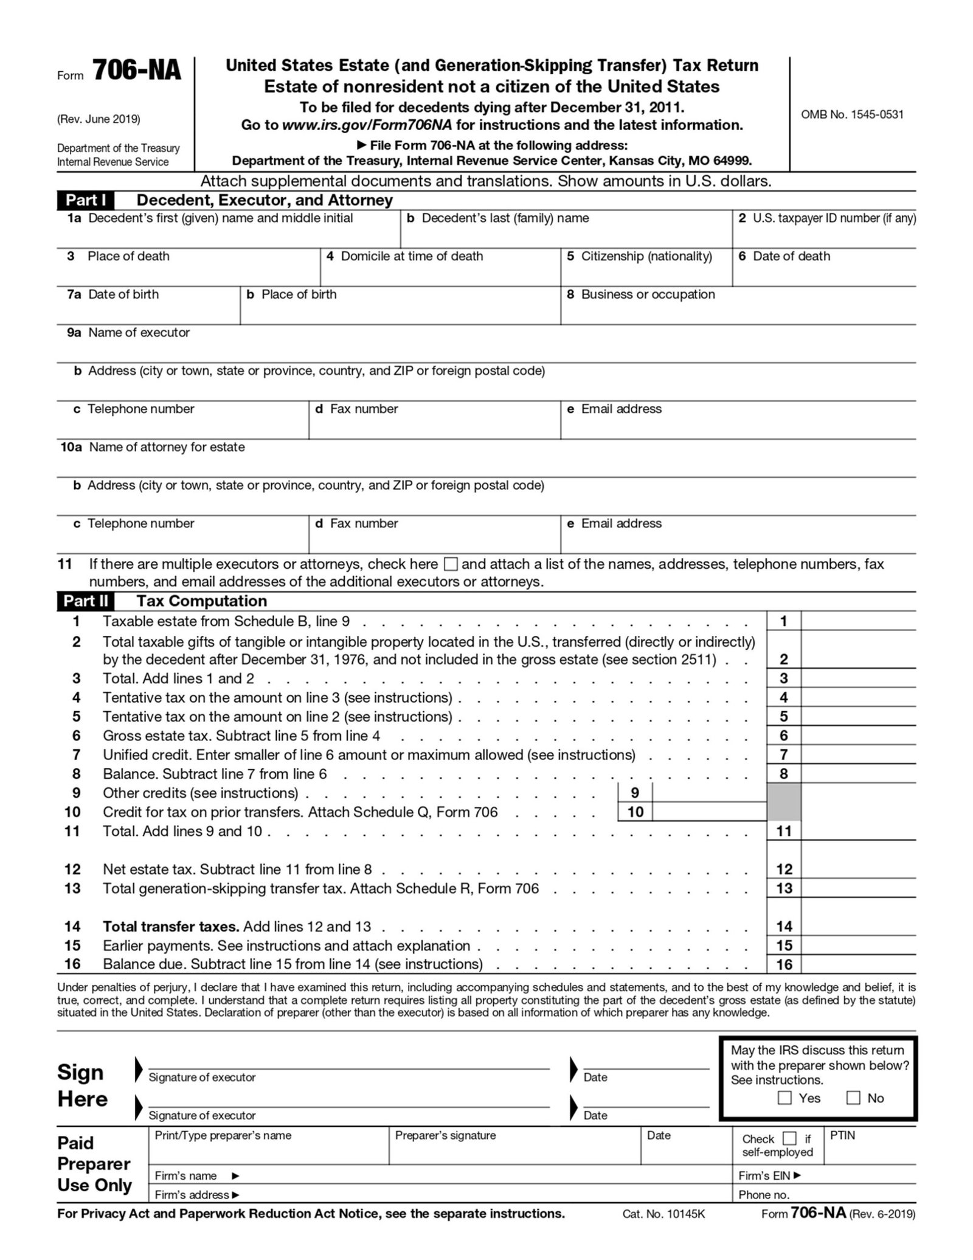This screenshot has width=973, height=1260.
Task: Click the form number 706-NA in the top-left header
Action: click(x=137, y=71)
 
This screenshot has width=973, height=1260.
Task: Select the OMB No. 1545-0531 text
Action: click(x=851, y=114)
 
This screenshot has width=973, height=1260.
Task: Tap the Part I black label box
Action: click(x=86, y=200)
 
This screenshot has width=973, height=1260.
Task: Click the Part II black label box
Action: click(x=86, y=601)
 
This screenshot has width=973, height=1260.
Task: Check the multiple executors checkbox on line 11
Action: click(x=450, y=564)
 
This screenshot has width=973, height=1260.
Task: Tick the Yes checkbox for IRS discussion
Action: click(x=784, y=1098)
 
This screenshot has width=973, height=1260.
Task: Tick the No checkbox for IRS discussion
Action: click(x=853, y=1098)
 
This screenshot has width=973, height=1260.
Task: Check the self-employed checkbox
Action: click(x=789, y=1138)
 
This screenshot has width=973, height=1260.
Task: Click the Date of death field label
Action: click(x=791, y=256)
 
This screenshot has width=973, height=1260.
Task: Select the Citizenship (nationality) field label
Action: click(x=646, y=256)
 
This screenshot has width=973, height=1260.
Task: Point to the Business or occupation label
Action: click(x=648, y=294)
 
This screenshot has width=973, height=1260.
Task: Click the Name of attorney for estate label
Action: click(x=167, y=447)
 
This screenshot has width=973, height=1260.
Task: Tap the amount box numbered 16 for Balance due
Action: click(x=858, y=964)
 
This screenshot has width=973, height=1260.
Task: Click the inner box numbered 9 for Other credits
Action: click(x=709, y=793)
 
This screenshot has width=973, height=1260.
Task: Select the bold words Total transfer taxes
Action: click(x=170, y=927)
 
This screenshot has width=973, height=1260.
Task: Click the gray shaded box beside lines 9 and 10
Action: click(x=784, y=802)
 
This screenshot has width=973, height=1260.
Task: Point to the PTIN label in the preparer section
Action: click(x=842, y=1136)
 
